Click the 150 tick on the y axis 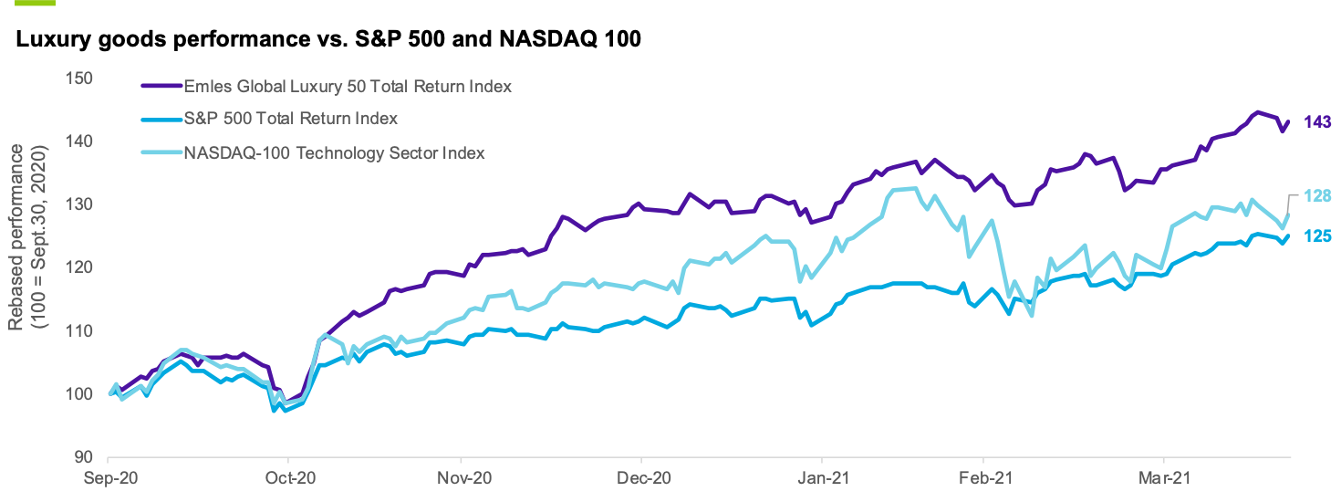81,78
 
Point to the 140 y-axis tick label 81,141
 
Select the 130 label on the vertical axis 81,204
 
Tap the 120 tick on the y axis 81,267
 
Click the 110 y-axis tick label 81,330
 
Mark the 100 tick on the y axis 81,393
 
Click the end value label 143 1317,122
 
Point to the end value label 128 1317,195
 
